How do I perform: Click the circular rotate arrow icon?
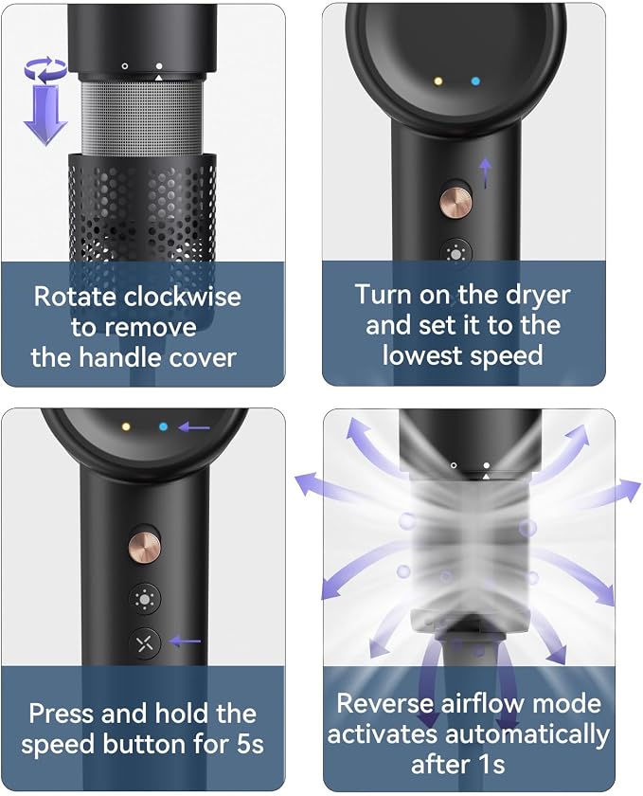click(45, 70)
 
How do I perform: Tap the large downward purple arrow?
click(45, 115)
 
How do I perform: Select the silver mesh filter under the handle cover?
click(143, 117)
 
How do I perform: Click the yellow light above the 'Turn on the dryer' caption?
click(438, 81)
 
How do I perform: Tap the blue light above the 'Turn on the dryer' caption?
click(475, 81)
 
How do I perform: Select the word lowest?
click(421, 354)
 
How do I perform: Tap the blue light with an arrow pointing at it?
click(163, 427)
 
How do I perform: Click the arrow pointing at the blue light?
click(193, 427)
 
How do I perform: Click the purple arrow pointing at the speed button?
click(185, 642)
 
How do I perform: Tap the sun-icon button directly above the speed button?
click(145, 600)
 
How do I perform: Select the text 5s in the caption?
click(250, 744)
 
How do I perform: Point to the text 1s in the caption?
click(491, 765)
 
